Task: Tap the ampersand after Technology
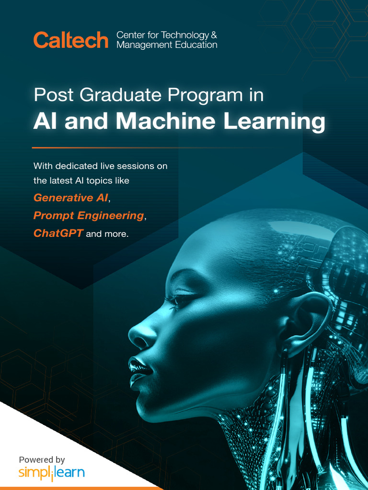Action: [214, 35]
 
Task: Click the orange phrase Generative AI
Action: [70, 198]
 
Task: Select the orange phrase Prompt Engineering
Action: [88, 216]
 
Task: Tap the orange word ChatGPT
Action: [58, 234]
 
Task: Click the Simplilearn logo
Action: [51, 473]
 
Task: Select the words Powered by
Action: [42, 460]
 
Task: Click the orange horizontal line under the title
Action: [144, 148]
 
